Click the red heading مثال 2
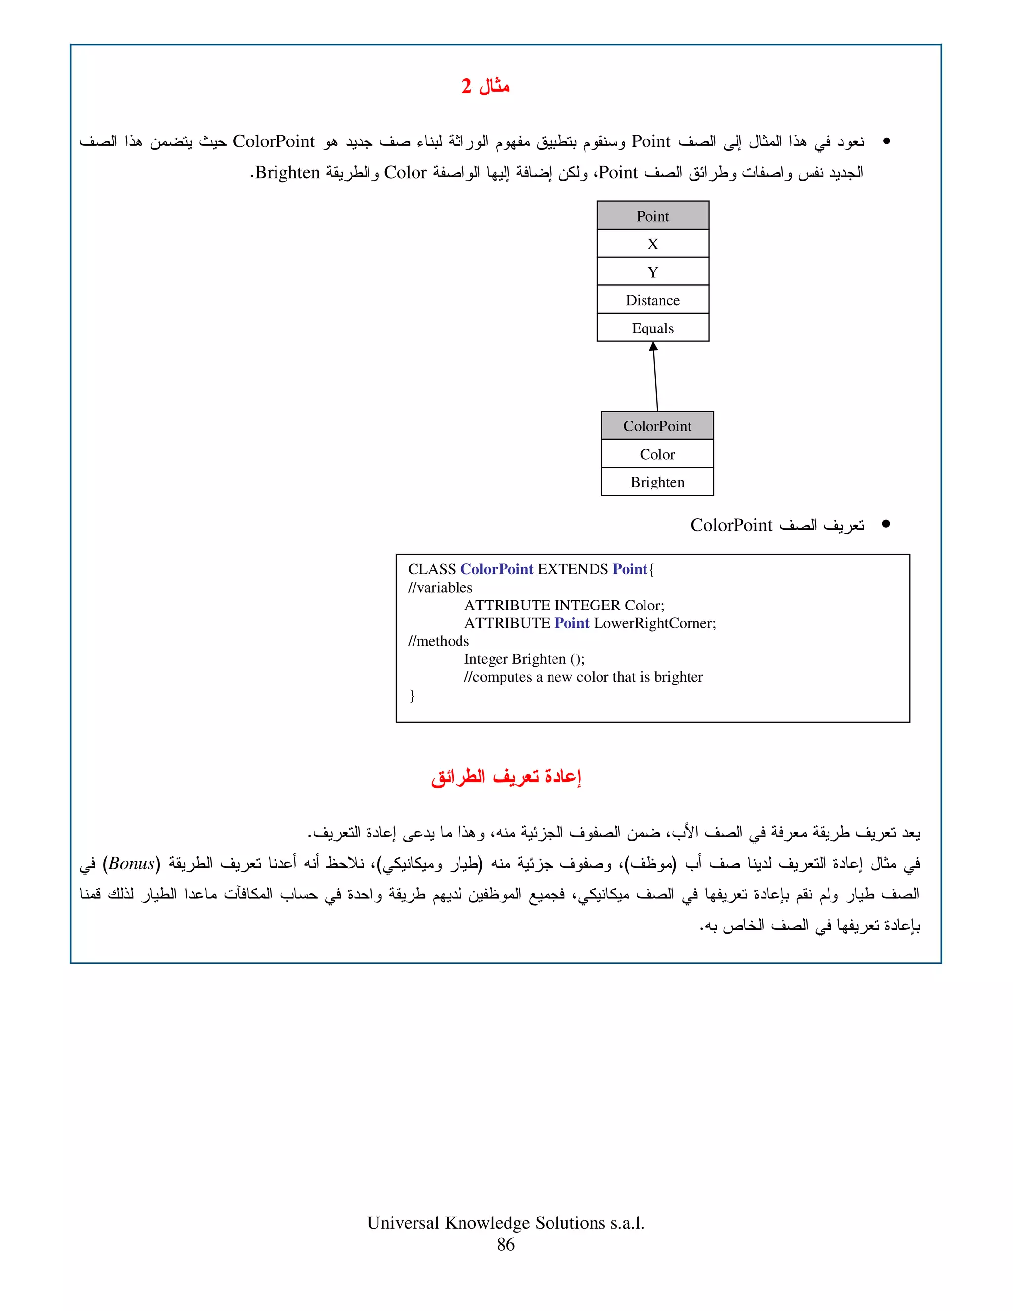pos(486,86)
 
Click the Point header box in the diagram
pos(652,216)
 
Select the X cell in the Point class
pos(652,244)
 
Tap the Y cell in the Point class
pos(652,272)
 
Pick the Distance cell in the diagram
pos(652,300)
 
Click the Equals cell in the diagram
pos(652,328)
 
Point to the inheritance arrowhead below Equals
pos(653,346)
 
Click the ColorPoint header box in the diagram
pos(657,426)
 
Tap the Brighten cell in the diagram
pos(657,482)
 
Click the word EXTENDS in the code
pos(572,569)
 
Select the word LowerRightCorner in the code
pos(654,623)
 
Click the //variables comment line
pos(440,588)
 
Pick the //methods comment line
pos(438,641)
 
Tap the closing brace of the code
pos(412,695)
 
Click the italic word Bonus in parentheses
pos(132,864)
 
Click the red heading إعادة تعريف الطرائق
pos(506,777)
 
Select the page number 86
pos(506,1244)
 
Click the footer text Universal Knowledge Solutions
pos(506,1223)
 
